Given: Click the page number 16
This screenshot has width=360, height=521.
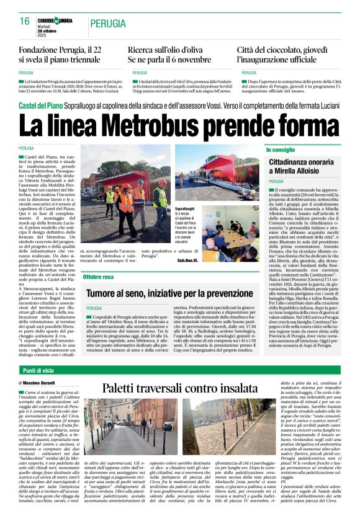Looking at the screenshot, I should [x=25, y=21].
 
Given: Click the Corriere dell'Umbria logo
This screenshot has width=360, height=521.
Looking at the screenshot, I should [x=55, y=20].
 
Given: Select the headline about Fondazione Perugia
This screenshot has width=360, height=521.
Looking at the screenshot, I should [x=60, y=54].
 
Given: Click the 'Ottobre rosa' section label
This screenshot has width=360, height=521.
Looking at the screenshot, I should [x=98, y=277].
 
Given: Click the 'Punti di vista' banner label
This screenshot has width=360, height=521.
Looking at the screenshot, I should [x=37, y=370].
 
